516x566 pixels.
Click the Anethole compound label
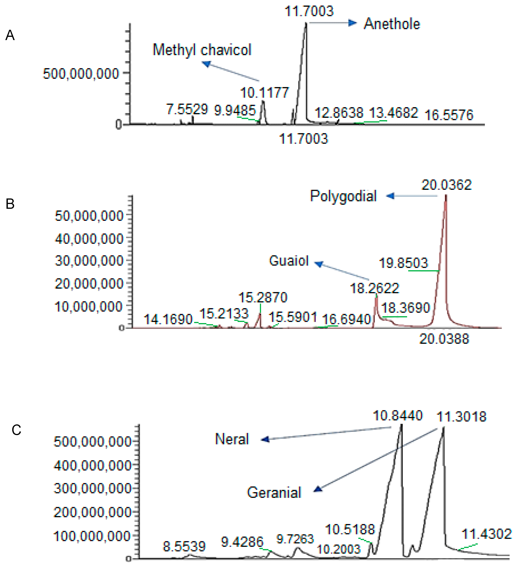click(x=391, y=24)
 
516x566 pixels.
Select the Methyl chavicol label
click(x=202, y=50)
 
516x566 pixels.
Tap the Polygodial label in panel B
click(x=343, y=196)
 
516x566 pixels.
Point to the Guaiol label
click(x=289, y=261)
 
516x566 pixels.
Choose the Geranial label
click(x=274, y=493)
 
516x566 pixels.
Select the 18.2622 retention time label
click(x=374, y=288)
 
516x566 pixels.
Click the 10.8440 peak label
click(x=397, y=416)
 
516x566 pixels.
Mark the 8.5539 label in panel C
click(x=184, y=546)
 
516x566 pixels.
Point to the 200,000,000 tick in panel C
click(x=92, y=512)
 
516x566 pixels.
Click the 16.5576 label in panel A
click(x=449, y=115)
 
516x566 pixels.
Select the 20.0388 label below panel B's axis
click(x=444, y=339)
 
